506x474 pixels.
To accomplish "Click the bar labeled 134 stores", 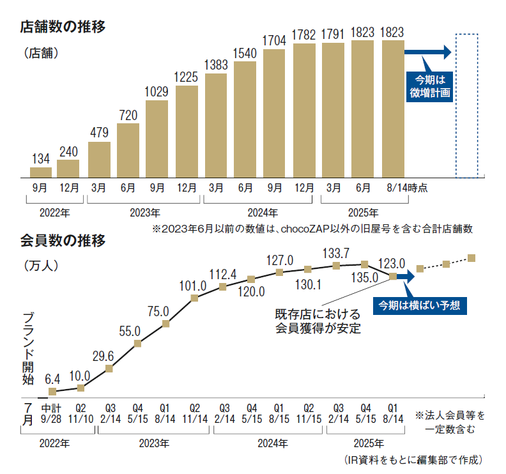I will pos(41,172).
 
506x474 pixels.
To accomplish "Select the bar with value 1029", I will pos(157,138).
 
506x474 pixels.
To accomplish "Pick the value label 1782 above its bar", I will pos(303,34).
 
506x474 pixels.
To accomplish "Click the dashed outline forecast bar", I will pos(466,105).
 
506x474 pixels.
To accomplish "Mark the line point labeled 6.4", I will pos(52,392).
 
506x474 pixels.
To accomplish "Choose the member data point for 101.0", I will pos(194,298).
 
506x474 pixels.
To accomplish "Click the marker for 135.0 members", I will pos(364,264).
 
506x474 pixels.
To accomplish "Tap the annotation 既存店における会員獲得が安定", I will pos(318,321).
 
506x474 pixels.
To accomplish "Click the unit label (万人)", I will pos(40,265).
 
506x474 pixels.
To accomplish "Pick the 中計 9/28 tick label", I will pos(52,412).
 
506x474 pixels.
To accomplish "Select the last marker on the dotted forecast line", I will pos(472,257).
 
